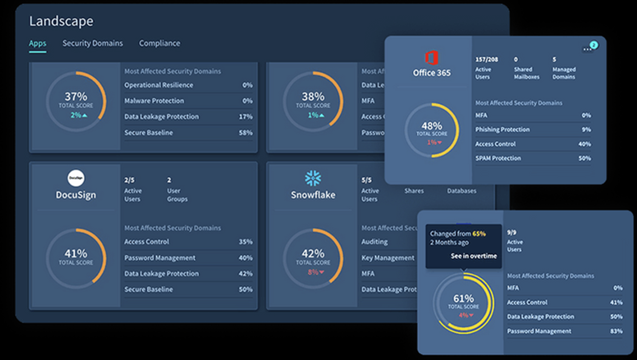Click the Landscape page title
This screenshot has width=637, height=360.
(x=61, y=21)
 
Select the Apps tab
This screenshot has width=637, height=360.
(x=37, y=43)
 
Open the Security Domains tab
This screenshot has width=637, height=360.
(x=92, y=43)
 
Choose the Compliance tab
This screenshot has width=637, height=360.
(x=159, y=43)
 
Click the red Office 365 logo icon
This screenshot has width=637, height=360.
(x=431, y=57)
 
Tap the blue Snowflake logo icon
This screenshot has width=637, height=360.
(x=313, y=178)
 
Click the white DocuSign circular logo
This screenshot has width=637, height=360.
(x=76, y=178)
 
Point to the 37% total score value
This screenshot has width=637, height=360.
(x=76, y=97)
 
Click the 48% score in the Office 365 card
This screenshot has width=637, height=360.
(x=431, y=126)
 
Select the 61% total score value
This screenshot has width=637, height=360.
(x=463, y=298)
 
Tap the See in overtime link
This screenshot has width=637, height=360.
(x=474, y=256)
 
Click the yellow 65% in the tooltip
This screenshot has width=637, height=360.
(x=479, y=234)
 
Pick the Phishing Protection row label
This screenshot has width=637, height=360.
(x=502, y=129)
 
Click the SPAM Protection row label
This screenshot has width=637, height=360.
(x=498, y=158)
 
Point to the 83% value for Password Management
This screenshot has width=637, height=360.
(x=616, y=331)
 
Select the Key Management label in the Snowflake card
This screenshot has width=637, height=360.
(x=388, y=258)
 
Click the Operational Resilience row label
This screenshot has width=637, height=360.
(x=158, y=85)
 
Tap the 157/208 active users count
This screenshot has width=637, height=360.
(x=486, y=60)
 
